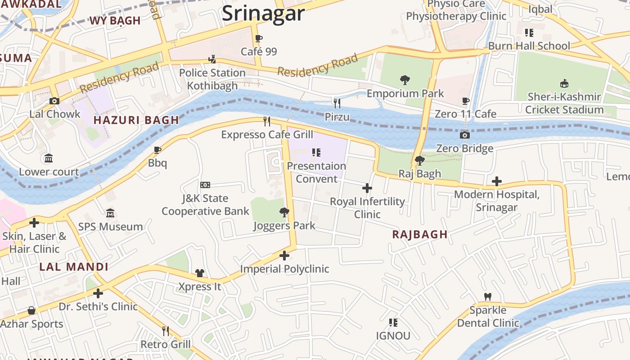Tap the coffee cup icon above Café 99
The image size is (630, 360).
click(258, 39)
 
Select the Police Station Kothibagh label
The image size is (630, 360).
click(212, 79)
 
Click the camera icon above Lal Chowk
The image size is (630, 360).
click(54, 101)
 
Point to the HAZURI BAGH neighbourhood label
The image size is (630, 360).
click(136, 120)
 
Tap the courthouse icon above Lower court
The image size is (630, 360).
click(48, 158)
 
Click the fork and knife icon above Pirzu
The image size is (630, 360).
click(337, 103)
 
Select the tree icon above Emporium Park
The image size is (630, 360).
click(405, 80)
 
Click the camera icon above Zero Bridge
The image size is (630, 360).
click(464, 135)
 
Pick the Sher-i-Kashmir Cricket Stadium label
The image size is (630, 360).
click(564, 103)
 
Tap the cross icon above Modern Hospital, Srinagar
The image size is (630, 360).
click(496, 181)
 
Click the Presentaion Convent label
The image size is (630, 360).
click(316, 172)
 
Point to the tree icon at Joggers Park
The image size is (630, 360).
click(284, 212)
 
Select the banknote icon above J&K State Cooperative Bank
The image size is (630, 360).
click(205, 185)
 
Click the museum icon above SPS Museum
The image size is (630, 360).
click(110, 213)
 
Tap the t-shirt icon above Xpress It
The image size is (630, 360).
click(200, 273)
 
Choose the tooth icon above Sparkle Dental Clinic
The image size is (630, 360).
click(487, 297)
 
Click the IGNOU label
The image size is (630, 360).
click(393, 336)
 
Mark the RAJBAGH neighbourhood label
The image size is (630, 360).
click(419, 234)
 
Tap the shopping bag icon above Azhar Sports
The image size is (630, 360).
click(31, 310)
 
